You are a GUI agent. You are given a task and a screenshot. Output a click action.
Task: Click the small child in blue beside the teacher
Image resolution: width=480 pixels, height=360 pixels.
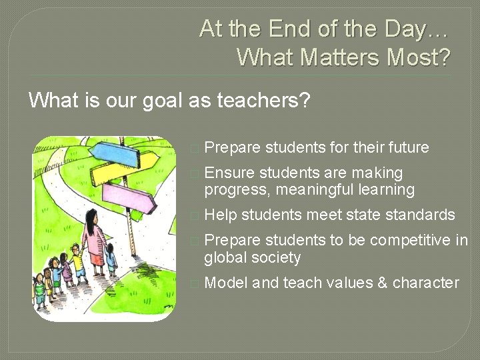pos(111,257)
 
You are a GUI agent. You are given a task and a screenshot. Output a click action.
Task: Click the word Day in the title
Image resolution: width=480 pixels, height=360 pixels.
pos(417,29)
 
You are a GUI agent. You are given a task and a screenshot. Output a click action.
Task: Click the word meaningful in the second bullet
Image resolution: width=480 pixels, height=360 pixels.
pos(312,190)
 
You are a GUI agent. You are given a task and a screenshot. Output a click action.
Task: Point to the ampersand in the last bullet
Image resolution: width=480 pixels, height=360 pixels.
pos(382,283)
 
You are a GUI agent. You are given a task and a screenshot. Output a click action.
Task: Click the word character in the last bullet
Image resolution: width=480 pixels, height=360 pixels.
pos(426,283)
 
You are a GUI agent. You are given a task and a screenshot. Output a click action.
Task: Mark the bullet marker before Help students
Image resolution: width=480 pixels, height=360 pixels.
pos(194,215)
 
